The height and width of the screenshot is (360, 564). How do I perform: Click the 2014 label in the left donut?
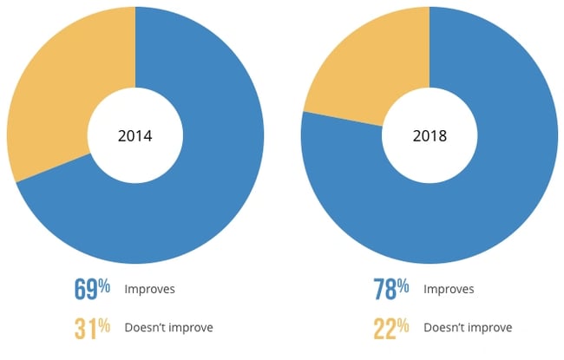[134, 135]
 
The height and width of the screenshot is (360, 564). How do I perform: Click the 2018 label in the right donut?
[430, 135]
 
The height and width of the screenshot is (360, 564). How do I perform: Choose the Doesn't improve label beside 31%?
[168, 327]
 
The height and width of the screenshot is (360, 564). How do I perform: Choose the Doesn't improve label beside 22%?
[468, 327]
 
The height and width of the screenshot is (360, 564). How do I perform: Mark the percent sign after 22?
[403, 324]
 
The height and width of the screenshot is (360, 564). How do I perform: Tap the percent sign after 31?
[104, 324]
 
